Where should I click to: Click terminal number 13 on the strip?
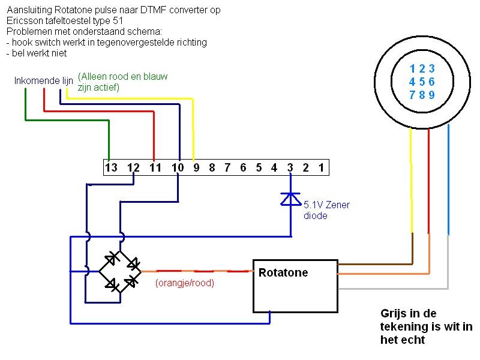110,168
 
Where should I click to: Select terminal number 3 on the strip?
290,168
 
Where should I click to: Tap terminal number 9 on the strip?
196,168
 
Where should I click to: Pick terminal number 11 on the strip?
156,168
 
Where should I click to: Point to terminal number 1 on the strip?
321,168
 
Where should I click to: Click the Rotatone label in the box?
283,273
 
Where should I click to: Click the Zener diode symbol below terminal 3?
290,199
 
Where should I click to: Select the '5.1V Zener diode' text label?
326,210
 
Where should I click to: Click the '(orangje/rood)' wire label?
184,283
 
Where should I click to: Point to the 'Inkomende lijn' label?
44,80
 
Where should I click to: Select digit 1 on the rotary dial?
412,68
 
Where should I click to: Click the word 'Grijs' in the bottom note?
393,313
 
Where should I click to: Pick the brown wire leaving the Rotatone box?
375,263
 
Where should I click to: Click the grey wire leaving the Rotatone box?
393,289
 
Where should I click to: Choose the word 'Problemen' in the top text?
26,31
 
